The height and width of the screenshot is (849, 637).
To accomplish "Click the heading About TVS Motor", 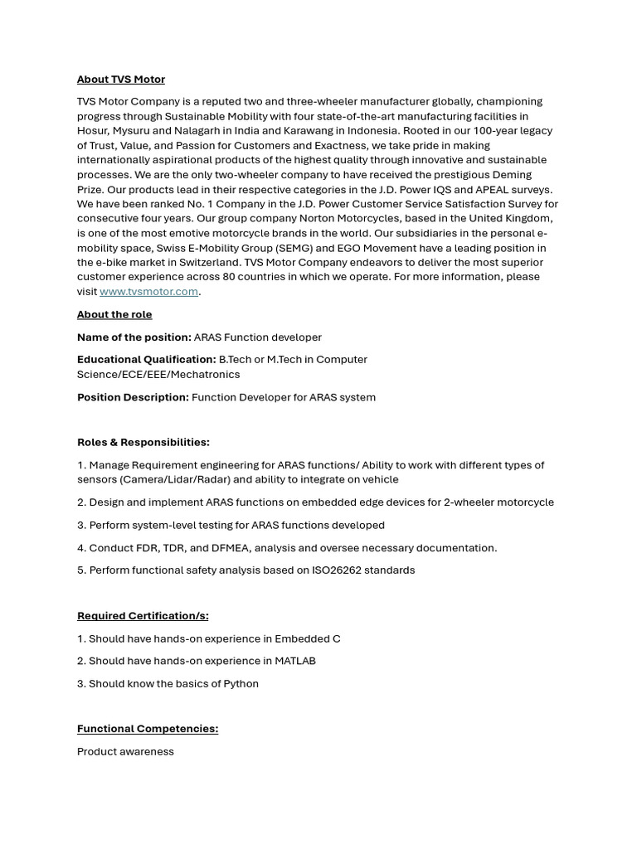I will coord(121,80).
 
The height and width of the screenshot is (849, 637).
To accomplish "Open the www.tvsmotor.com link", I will coord(148,292).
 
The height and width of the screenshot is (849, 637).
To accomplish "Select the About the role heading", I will coord(114,315).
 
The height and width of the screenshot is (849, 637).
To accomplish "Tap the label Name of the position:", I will coord(134,337).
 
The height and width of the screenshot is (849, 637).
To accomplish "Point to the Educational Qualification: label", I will coord(146,360).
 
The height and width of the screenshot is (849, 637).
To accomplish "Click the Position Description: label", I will coord(133,397).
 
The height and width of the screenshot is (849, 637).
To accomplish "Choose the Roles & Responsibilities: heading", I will coord(143,443).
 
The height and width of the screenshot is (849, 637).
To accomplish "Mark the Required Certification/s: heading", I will coord(143,616).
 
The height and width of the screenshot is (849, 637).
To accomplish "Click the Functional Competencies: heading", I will coord(148,729).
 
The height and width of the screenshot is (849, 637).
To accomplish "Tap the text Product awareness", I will coord(125,752).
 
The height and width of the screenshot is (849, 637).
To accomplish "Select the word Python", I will coord(241,684).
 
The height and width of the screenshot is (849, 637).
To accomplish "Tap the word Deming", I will coord(513,175).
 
